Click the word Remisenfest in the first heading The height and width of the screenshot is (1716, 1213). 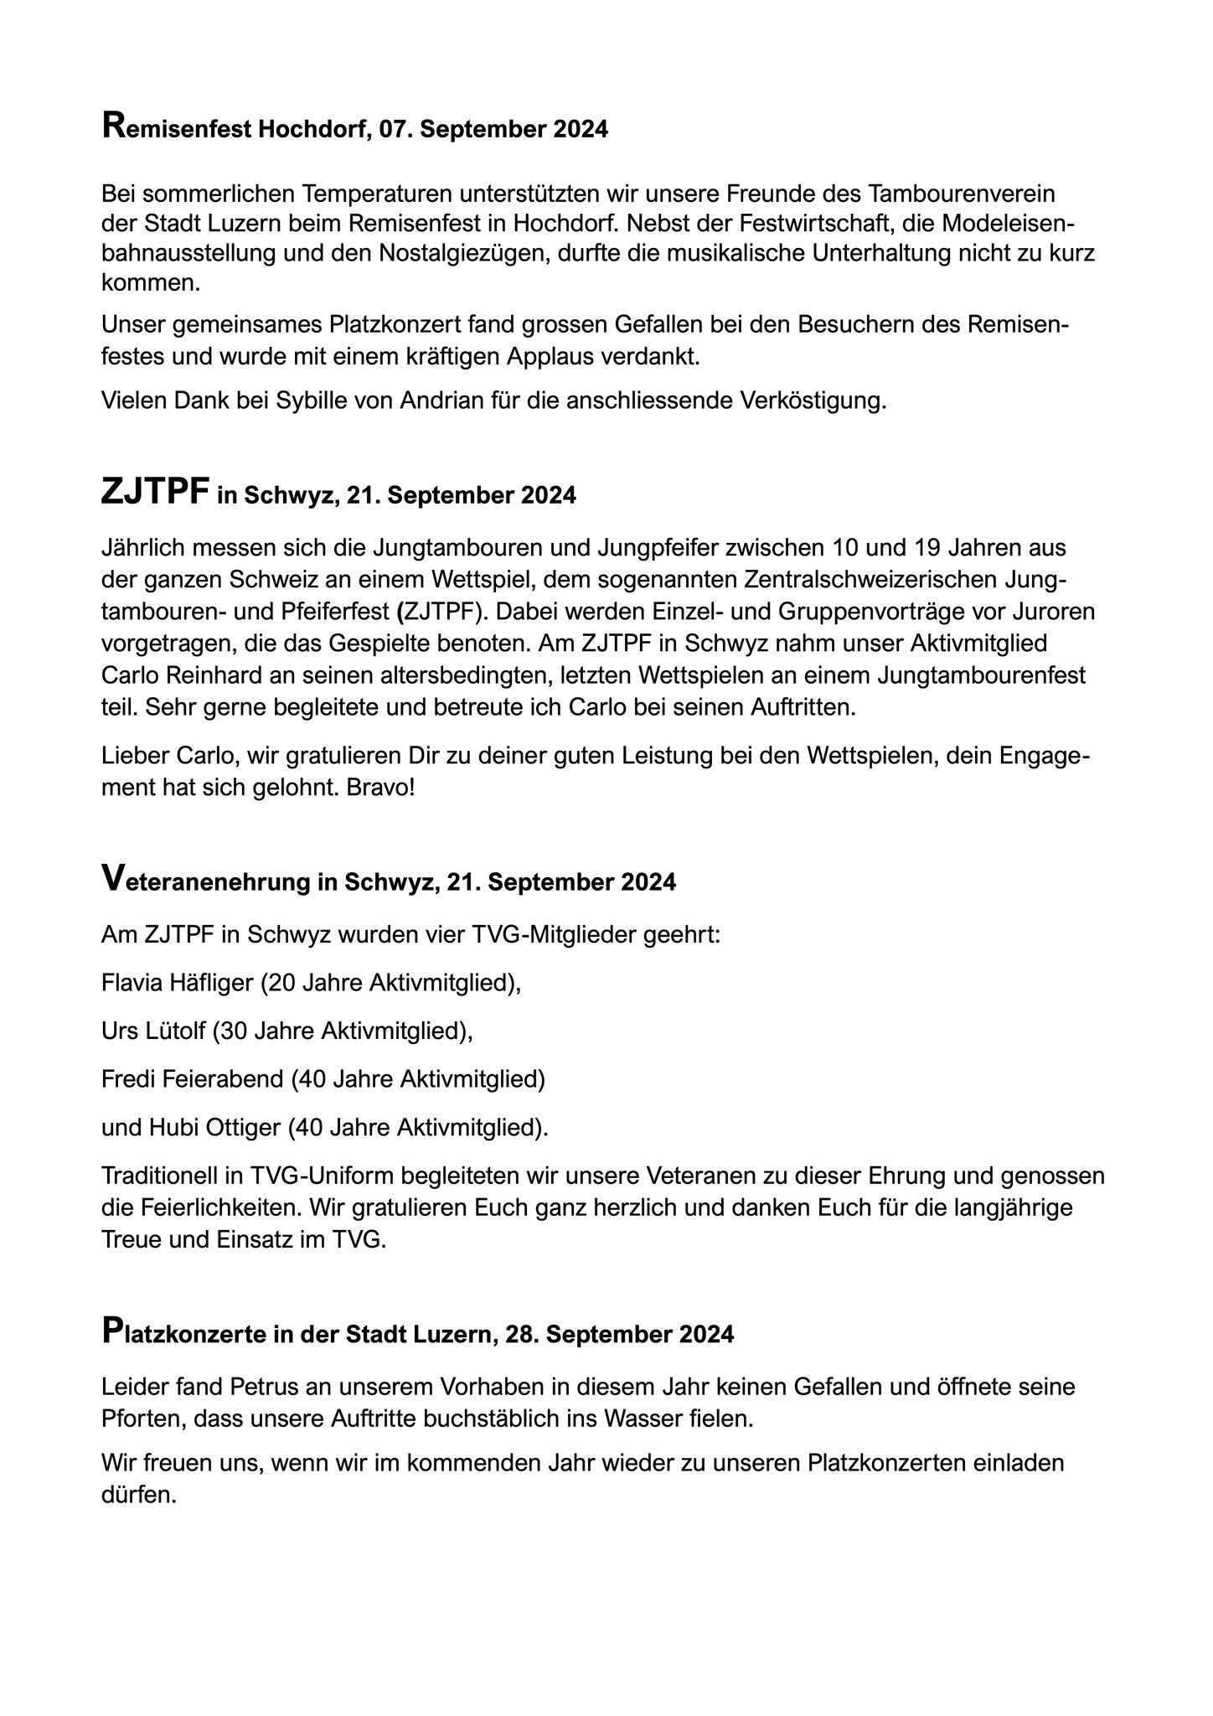[x=175, y=130]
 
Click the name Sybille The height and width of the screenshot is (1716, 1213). [x=318, y=401]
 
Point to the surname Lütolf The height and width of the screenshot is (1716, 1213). [x=175, y=1031]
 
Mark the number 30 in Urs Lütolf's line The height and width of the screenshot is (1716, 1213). [x=230, y=1031]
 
